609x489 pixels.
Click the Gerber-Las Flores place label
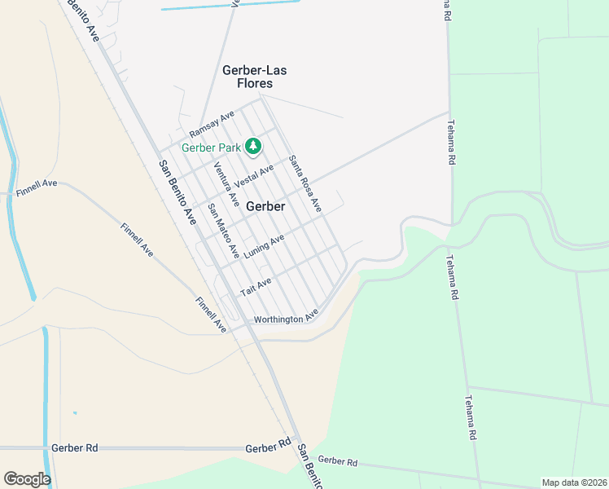pos(254,77)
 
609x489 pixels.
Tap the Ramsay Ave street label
pos(212,124)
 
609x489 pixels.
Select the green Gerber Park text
pos(211,148)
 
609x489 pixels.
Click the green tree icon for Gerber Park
pos(253,147)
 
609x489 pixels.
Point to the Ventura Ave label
pos(226,183)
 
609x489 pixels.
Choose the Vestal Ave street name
pos(254,174)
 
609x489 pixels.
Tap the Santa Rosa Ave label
pos(305,185)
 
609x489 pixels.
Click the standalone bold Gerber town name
pos(265,206)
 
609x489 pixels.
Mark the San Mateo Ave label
pos(223,231)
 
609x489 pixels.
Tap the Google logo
pos(27,479)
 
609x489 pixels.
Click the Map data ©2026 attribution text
pos(574,482)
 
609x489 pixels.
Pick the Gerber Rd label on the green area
pos(338,462)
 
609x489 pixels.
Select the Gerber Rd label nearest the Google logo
pos(74,448)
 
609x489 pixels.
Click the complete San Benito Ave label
pos(177,192)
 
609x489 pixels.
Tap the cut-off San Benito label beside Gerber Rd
pos(310,466)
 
